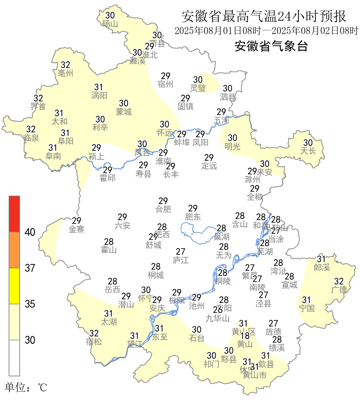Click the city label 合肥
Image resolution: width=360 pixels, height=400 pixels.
163,209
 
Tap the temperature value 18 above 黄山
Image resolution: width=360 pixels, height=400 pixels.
245,336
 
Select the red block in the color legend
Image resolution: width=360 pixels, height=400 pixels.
14,214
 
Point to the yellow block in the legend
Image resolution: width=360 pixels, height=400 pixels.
14,286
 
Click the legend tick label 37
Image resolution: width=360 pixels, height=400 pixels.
30,268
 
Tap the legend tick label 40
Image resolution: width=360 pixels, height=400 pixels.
30,232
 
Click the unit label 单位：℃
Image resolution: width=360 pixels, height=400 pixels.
26,387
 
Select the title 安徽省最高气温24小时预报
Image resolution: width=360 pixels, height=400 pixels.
264,16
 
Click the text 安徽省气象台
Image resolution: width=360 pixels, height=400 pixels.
271,46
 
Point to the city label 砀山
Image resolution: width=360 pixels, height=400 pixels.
110,24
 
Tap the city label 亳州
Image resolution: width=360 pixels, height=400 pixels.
65,73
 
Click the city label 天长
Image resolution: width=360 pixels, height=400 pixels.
308,151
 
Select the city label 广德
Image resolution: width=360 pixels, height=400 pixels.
339,290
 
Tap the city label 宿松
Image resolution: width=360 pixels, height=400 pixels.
94,342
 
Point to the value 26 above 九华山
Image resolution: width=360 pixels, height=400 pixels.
218,310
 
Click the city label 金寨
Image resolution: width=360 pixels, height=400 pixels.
76,229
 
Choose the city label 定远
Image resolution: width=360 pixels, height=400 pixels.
209,166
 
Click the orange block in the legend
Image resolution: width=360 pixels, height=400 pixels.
14,250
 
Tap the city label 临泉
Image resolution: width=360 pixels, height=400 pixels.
31,137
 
